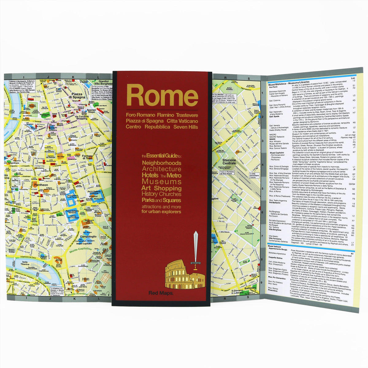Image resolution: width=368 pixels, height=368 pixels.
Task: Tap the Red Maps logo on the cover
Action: pyautogui.click(x=162, y=293)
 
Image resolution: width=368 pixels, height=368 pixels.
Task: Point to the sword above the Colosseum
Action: pyautogui.click(x=196, y=248)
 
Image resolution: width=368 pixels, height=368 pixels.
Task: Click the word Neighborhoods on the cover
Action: pyautogui.click(x=161, y=163)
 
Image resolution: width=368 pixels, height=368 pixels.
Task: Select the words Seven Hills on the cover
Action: pyautogui.click(x=186, y=127)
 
